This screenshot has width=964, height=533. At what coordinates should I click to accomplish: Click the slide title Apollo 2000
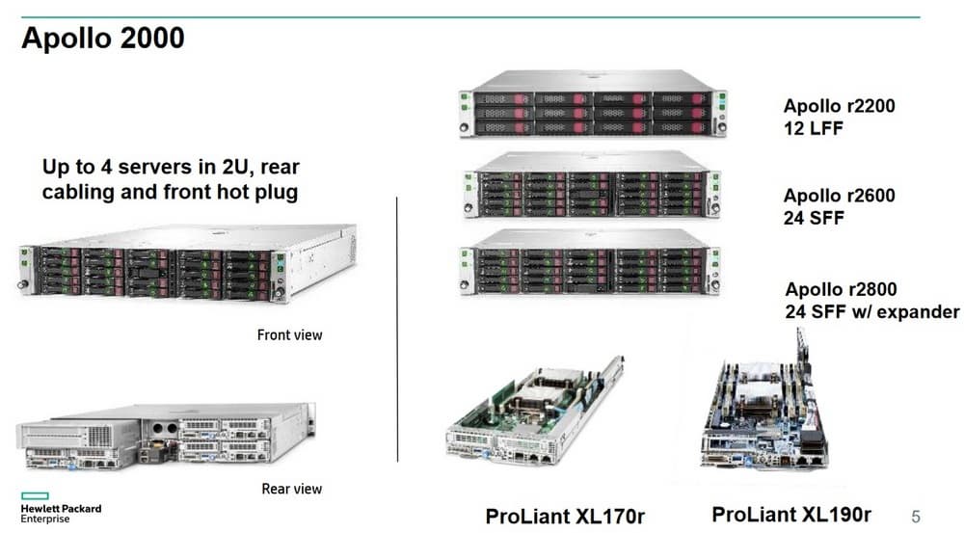click(103, 39)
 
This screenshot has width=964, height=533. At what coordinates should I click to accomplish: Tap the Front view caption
click(289, 335)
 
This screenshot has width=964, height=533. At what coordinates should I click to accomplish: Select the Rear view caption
click(291, 489)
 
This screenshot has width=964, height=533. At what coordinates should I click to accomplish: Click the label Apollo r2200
click(839, 106)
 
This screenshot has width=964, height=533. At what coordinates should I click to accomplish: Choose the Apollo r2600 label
click(839, 196)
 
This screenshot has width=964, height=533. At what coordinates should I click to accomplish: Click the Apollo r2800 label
click(841, 289)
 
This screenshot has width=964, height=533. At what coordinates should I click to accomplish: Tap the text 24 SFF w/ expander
click(872, 311)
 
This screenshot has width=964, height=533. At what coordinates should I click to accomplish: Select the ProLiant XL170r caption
click(565, 516)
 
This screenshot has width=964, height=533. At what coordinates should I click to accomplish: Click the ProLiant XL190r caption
click(791, 514)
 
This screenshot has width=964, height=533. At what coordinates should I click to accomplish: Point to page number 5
click(916, 517)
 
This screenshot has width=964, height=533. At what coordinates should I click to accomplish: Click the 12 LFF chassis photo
click(592, 103)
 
